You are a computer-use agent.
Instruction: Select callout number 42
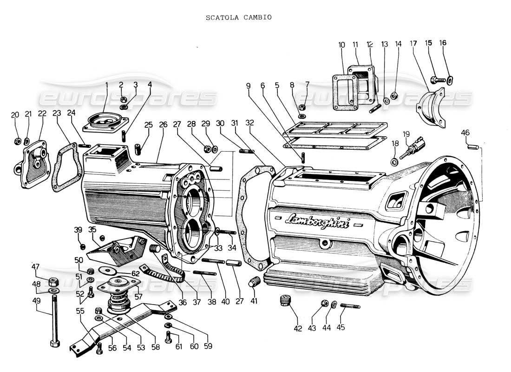[x=298, y=328]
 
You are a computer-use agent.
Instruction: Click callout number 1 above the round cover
[x=106, y=85]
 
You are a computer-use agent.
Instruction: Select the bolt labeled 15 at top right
[x=439, y=80]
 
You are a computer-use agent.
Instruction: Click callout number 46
[x=465, y=133]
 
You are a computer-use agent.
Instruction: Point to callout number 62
[x=135, y=273]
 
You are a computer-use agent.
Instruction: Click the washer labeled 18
[x=394, y=162]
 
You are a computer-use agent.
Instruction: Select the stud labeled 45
[x=350, y=306]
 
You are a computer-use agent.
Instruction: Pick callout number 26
[x=163, y=125]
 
